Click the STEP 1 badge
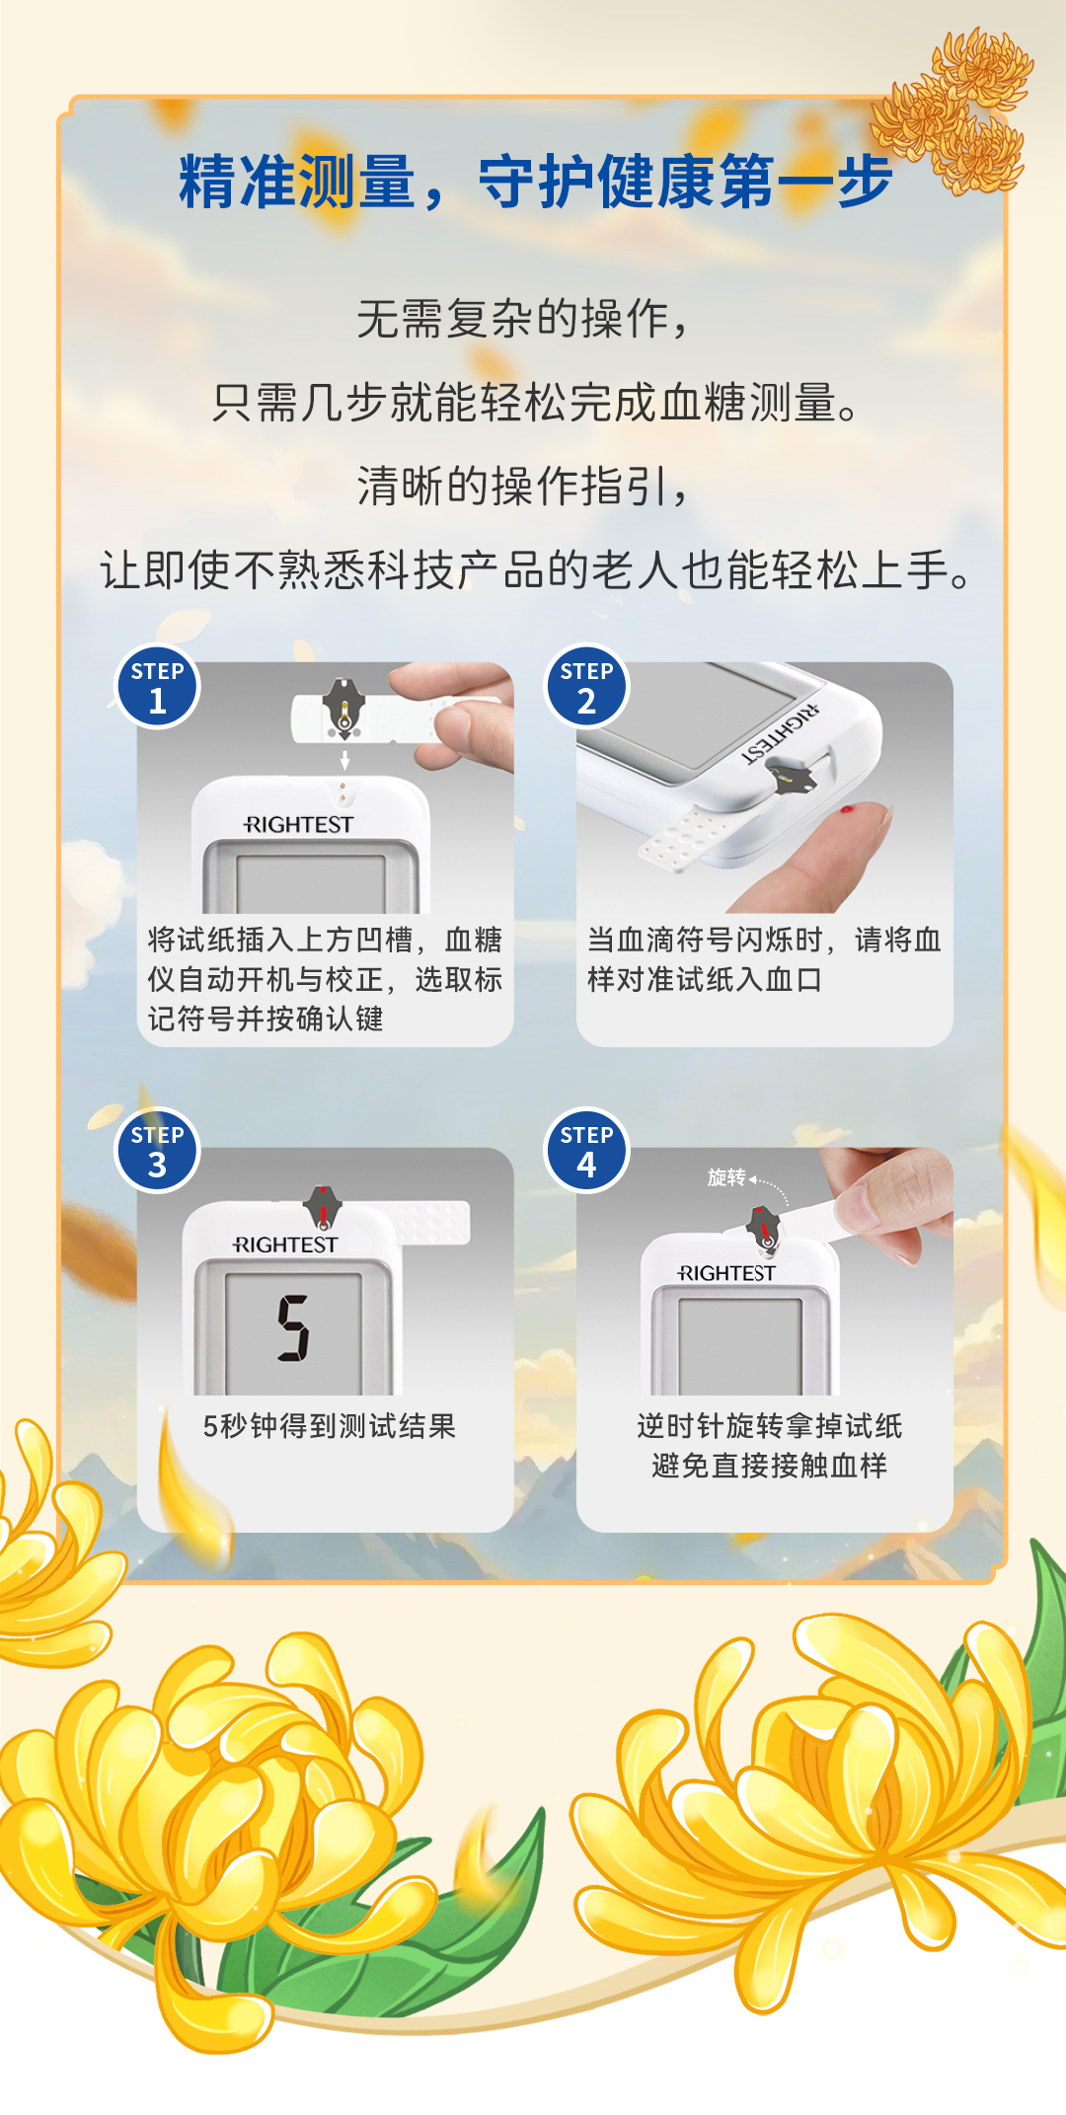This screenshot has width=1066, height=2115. coord(158,687)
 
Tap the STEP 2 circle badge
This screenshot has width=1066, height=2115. coord(586,687)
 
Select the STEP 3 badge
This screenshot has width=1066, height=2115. coord(158,1151)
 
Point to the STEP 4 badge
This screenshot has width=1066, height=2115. coord(586,1151)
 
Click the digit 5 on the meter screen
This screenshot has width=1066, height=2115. coord(293,1328)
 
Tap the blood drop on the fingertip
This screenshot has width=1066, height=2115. coord(846,810)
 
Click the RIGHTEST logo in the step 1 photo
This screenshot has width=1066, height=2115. coord(298,825)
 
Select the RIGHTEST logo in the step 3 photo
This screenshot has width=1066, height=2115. coord(285,1246)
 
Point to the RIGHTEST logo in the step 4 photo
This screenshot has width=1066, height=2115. coord(726,1274)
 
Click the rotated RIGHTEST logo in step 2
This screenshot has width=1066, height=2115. coord(781,733)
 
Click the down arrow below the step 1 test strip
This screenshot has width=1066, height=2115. coord(344,760)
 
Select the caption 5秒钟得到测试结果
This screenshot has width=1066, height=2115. coord(330,1426)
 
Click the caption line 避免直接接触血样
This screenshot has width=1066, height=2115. coord(769,1466)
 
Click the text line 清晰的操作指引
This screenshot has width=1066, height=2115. coord(522,486)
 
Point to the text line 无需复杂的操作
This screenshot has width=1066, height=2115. coord(522,319)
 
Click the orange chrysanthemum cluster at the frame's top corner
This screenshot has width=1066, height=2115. coord(952,109)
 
